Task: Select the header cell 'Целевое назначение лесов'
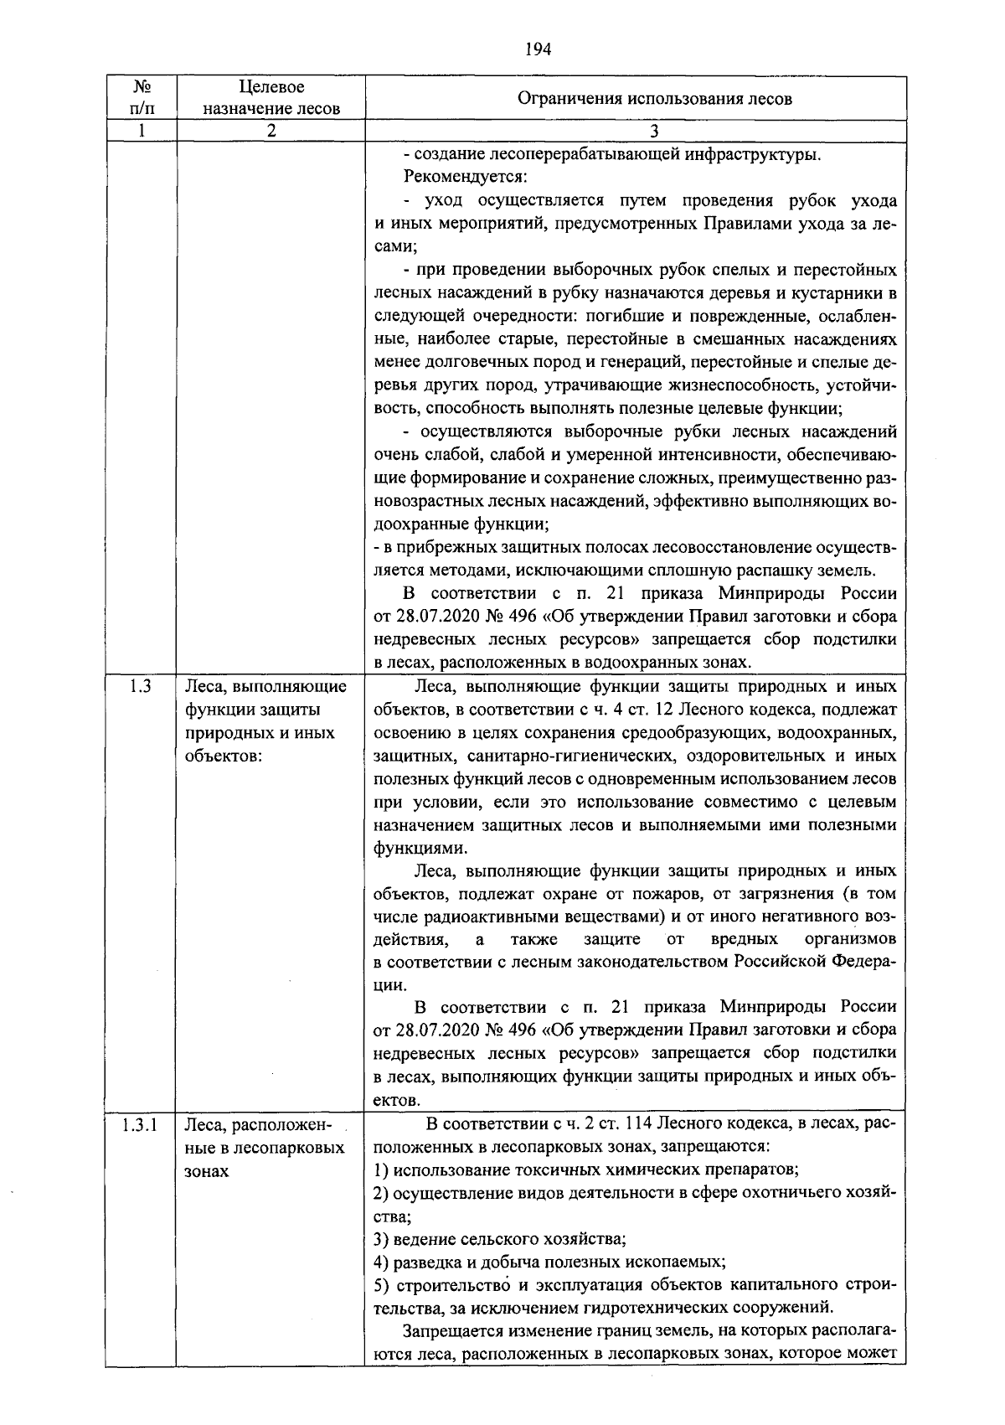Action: [x=271, y=98]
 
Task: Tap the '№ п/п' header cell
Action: [x=142, y=98]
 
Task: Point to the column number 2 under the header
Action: [x=271, y=131]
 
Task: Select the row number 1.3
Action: [x=142, y=687]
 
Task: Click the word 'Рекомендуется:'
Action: [x=465, y=177]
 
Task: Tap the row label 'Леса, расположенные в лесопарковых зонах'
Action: [x=265, y=1148]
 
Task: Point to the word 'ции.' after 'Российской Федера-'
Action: [x=389, y=985]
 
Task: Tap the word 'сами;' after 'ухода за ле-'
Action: [x=395, y=246]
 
